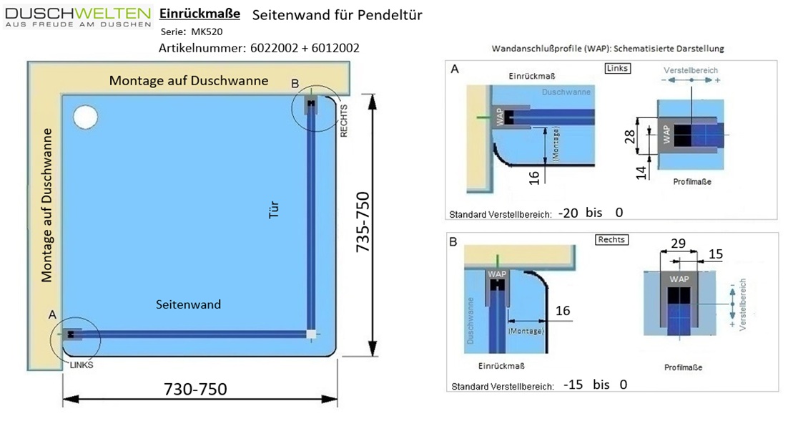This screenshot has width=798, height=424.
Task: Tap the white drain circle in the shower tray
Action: [x=86, y=116]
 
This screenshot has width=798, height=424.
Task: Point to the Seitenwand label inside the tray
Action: [x=188, y=304]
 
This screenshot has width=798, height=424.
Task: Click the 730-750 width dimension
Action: [x=195, y=389]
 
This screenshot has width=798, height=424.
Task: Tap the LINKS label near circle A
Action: [x=82, y=365]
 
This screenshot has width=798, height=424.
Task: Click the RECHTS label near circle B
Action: [x=345, y=120]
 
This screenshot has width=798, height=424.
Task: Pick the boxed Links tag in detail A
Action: [x=616, y=68]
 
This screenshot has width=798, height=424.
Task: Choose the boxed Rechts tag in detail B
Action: [x=611, y=240]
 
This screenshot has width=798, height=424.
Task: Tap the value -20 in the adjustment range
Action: [x=568, y=213]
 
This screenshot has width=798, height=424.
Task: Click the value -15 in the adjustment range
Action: [x=573, y=385]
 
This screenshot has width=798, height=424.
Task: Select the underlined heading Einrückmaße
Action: [x=199, y=14]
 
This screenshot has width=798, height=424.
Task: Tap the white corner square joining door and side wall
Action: [x=310, y=334]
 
